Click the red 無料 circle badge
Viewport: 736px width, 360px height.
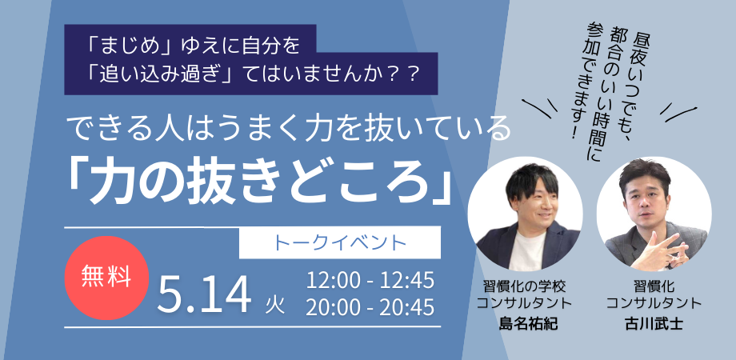(x=106, y=278)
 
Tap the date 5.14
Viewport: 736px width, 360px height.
(x=204, y=294)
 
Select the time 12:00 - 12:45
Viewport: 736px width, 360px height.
(x=370, y=281)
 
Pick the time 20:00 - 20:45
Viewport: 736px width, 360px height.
(x=370, y=306)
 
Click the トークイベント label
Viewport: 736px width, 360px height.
(x=340, y=242)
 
